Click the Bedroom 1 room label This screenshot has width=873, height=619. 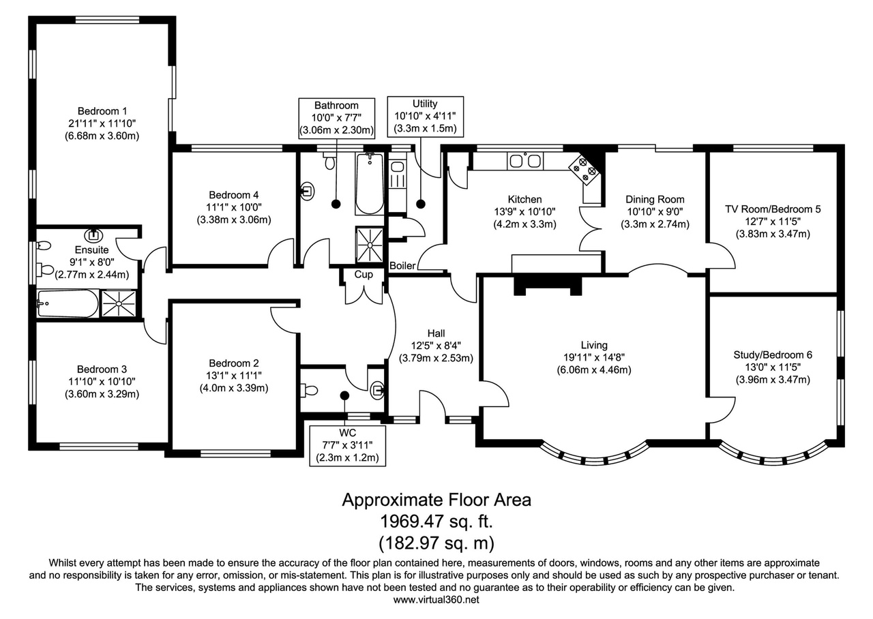click(102, 111)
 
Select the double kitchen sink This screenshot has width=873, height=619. click(525, 160)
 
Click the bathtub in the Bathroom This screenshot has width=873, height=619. click(369, 183)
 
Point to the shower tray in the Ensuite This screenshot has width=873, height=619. click(119, 303)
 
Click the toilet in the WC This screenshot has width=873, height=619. click(310, 390)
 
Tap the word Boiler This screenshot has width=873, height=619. click(402, 266)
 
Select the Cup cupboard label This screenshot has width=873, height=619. click(364, 274)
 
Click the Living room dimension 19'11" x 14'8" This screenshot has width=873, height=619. click(594, 357)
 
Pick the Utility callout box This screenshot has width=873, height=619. click(425, 117)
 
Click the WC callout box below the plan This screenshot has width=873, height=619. click(347, 446)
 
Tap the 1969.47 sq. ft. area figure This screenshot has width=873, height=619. click(436, 522)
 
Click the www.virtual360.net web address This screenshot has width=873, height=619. click(436, 599)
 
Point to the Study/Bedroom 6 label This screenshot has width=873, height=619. click(773, 355)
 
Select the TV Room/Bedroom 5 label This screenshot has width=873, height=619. click(773, 209)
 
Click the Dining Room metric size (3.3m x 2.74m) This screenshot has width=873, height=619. click(655, 224)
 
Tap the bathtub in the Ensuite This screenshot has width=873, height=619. click(68, 303)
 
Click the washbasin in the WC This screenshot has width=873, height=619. click(378, 389)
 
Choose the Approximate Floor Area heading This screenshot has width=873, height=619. click(436, 500)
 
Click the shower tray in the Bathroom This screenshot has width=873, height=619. click(370, 245)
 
